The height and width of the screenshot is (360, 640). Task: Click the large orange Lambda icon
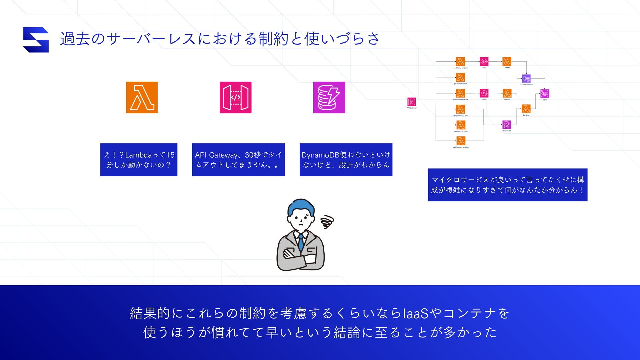(x=142, y=97)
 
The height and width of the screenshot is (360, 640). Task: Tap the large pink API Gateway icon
(x=235, y=97)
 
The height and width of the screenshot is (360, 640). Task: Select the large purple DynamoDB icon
(x=329, y=97)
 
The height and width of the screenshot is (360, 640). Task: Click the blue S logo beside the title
(x=36, y=40)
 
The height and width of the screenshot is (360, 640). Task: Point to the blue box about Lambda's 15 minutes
(x=139, y=160)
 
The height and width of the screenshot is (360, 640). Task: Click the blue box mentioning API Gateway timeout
(x=238, y=160)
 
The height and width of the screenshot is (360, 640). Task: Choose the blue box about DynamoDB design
(x=346, y=160)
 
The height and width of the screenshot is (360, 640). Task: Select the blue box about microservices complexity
(x=507, y=185)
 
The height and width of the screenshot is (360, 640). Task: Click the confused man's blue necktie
(x=301, y=242)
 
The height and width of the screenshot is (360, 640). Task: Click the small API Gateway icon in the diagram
(x=411, y=102)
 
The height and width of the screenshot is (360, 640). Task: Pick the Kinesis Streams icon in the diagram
(x=526, y=79)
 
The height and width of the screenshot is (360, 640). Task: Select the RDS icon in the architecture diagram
(x=545, y=94)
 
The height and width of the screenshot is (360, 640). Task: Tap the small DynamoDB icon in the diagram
(x=506, y=125)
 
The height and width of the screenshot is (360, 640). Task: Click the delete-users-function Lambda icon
(x=461, y=141)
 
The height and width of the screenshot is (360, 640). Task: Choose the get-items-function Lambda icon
(x=460, y=77)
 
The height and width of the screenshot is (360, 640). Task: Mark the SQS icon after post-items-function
(x=484, y=62)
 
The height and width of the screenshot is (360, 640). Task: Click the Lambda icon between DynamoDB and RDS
(x=526, y=109)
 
